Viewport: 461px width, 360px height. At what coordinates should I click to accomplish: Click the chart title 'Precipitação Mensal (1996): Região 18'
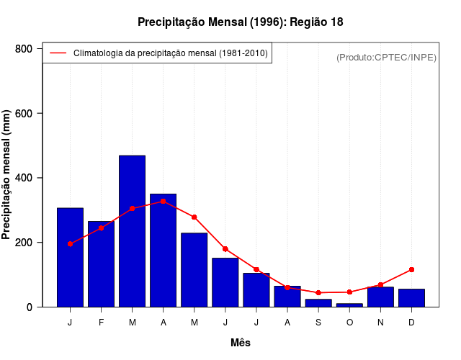[240, 22]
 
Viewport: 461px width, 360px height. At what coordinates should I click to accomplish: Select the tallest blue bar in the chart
[132, 230]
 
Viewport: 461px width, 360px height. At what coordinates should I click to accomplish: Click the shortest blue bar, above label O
[349, 305]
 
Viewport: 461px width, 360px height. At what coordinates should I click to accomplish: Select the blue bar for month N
[380, 297]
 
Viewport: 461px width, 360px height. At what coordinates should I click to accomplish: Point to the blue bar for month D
[411, 298]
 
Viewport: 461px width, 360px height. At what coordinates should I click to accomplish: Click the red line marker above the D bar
[411, 269]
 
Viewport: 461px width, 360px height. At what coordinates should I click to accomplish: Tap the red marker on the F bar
[101, 228]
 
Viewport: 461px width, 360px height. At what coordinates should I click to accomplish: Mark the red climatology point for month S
[318, 293]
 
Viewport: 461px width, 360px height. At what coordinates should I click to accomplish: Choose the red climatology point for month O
[349, 292]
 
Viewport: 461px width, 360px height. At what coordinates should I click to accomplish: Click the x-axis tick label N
[380, 323]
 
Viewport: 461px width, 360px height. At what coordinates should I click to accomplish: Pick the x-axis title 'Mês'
[241, 343]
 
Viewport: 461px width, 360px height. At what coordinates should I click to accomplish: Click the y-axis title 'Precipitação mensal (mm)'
[7, 175]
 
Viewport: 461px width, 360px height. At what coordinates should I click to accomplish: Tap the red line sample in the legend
[58, 53]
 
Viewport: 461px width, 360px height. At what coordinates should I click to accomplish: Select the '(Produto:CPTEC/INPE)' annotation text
[386, 57]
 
